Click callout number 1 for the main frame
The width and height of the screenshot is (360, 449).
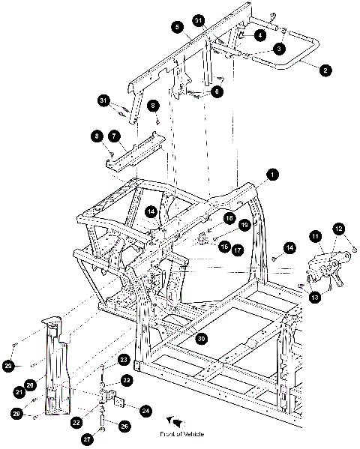[272, 175]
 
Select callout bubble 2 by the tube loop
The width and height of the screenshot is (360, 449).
[325, 70]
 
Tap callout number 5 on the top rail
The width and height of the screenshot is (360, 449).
[178, 27]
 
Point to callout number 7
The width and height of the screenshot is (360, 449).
[114, 136]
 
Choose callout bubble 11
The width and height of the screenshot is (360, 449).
[316, 237]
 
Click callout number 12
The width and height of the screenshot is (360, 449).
[339, 229]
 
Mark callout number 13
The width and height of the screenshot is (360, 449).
[315, 298]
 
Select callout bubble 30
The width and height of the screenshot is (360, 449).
[202, 339]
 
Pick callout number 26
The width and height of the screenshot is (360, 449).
[124, 427]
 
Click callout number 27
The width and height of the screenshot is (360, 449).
[88, 439]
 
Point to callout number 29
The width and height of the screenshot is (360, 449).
[8, 366]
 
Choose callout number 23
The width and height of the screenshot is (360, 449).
[124, 360]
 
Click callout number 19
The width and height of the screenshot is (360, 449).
[244, 225]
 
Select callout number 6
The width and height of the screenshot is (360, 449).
[217, 91]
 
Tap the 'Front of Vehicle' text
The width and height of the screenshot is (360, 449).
[182, 434]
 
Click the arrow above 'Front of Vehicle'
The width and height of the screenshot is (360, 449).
[175, 422]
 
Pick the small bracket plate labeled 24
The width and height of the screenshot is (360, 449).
[118, 401]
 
